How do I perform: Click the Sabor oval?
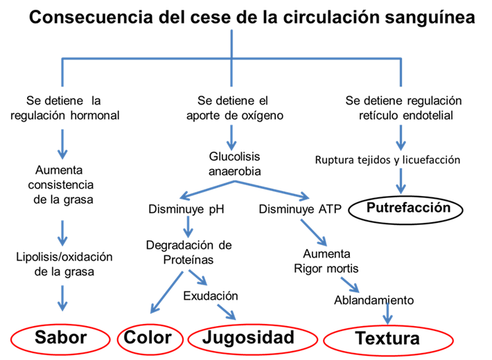(61, 338)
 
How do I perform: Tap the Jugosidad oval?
(249, 338)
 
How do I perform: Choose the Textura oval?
(387, 339)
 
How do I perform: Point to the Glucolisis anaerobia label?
(234, 162)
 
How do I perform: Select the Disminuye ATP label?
(300, 209)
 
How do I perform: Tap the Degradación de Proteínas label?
(188, 252)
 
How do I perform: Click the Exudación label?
(211, 296)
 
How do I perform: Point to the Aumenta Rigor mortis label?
(326, 261)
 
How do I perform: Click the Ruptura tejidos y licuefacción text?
(387, 159)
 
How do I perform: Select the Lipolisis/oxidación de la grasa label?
(64, 264)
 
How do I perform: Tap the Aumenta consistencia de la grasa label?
(61, 185)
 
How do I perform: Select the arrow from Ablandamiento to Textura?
(387, 314)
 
